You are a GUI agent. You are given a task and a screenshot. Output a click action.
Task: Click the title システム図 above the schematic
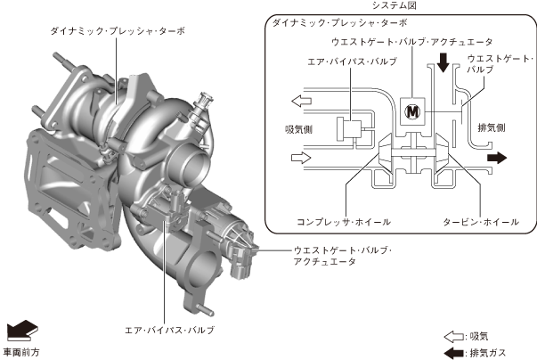(x=395, y=5)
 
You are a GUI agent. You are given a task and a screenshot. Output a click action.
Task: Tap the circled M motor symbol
(x=412, y=111)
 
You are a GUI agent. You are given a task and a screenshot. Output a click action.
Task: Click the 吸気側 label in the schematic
(x=298, y=129)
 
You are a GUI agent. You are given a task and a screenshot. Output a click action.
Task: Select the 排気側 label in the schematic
(x=492, y=127)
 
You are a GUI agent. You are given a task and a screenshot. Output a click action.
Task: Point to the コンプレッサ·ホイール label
(x=344, y=222)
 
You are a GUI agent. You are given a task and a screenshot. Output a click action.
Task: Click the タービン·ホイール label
(x=481, y=222)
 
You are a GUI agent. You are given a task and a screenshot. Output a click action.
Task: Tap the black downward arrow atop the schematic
(x=443, y=62)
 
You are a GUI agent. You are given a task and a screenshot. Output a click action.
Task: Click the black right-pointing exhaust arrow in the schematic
(x=497, y=158)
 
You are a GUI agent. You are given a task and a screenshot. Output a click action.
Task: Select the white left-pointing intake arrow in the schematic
(x=301, y=101)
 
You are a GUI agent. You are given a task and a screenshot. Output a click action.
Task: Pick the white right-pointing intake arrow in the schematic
(x=301, y=158)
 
